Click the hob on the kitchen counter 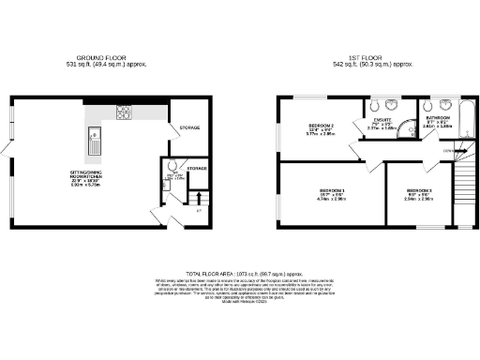pos(123,112)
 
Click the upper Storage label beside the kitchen pos(188,127)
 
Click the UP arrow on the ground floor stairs pos(198,210)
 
